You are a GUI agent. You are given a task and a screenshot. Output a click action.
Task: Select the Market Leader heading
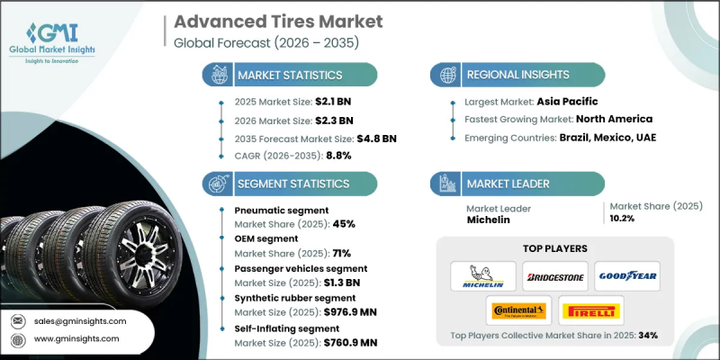pos(508,183)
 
